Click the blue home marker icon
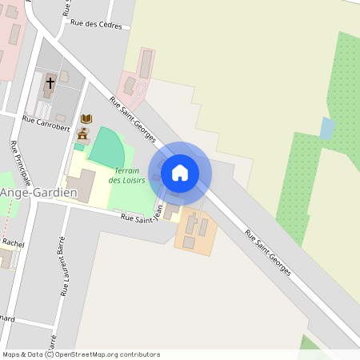(x=180, y=172)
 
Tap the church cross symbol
(x=50, y=82)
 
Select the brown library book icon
(x=86, y=119)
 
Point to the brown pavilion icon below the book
(x=83, y=133)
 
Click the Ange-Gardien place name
(x=38, y=194)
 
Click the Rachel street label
(x=14, y=242)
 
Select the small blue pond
(x=327, y=128)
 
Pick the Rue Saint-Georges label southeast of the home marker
(x=268, y=254)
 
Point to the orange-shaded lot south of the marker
(x=195, y=231)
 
